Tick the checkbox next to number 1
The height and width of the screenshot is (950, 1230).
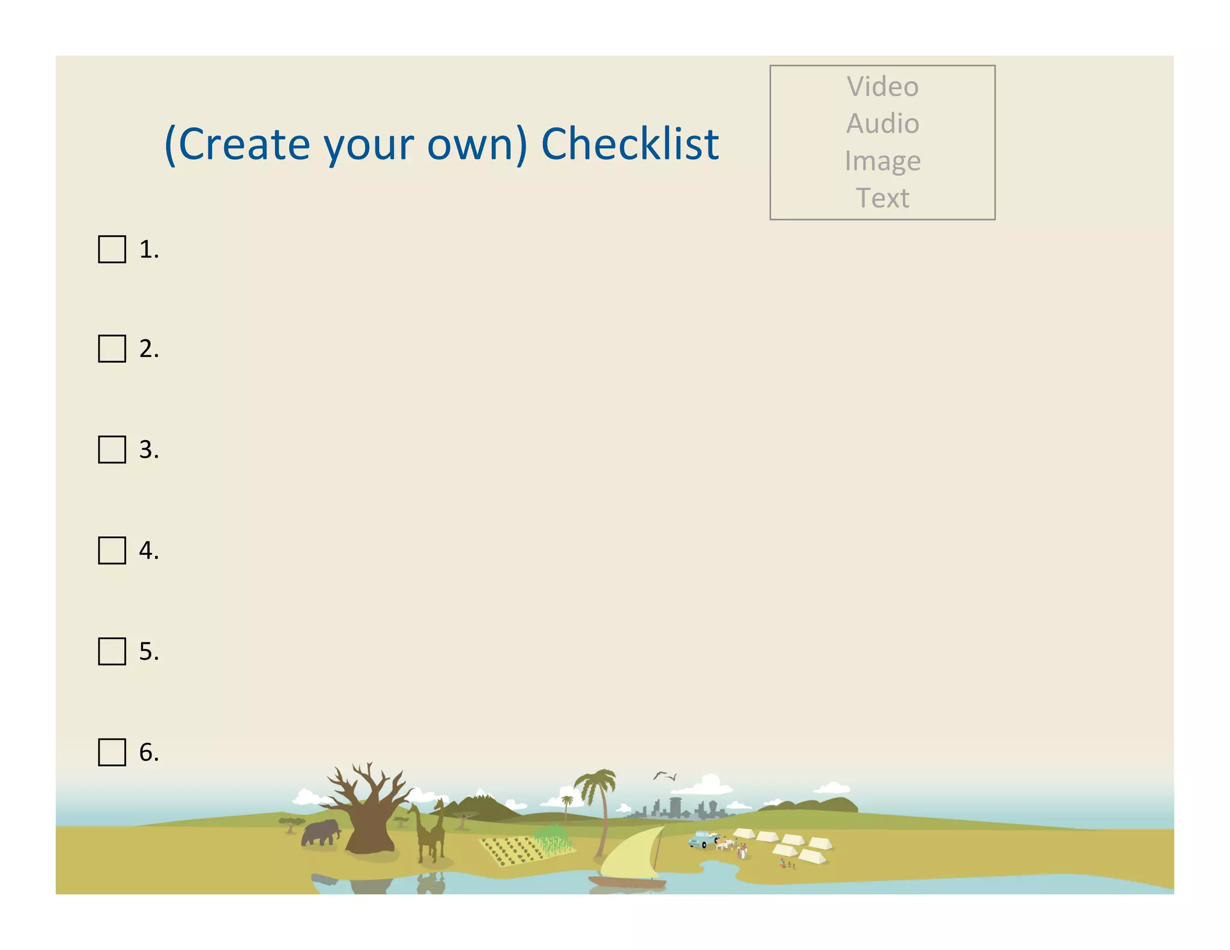[x=112, y=249]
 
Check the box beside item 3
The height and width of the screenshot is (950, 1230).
[x=112, y=449]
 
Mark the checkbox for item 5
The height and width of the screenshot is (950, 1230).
[x=112, y=651]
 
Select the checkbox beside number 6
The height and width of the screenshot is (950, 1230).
[x=112, y=752]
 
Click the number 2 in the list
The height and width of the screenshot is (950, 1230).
[x=148, y=349]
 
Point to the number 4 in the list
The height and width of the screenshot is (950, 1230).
[x=148, y=551]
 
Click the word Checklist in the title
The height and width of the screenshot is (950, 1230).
[x=629, y=144]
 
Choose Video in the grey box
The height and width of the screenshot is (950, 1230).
[x=882, y=86]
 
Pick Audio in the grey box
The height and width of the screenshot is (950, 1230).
[x=882, y=124]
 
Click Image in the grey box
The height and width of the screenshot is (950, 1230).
[x=882, y=161]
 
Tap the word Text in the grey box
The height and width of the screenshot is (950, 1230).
[x=882, y=198]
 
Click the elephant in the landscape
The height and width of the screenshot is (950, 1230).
[x=320, y=833]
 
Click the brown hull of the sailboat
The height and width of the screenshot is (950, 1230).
[x=628, y=882]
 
